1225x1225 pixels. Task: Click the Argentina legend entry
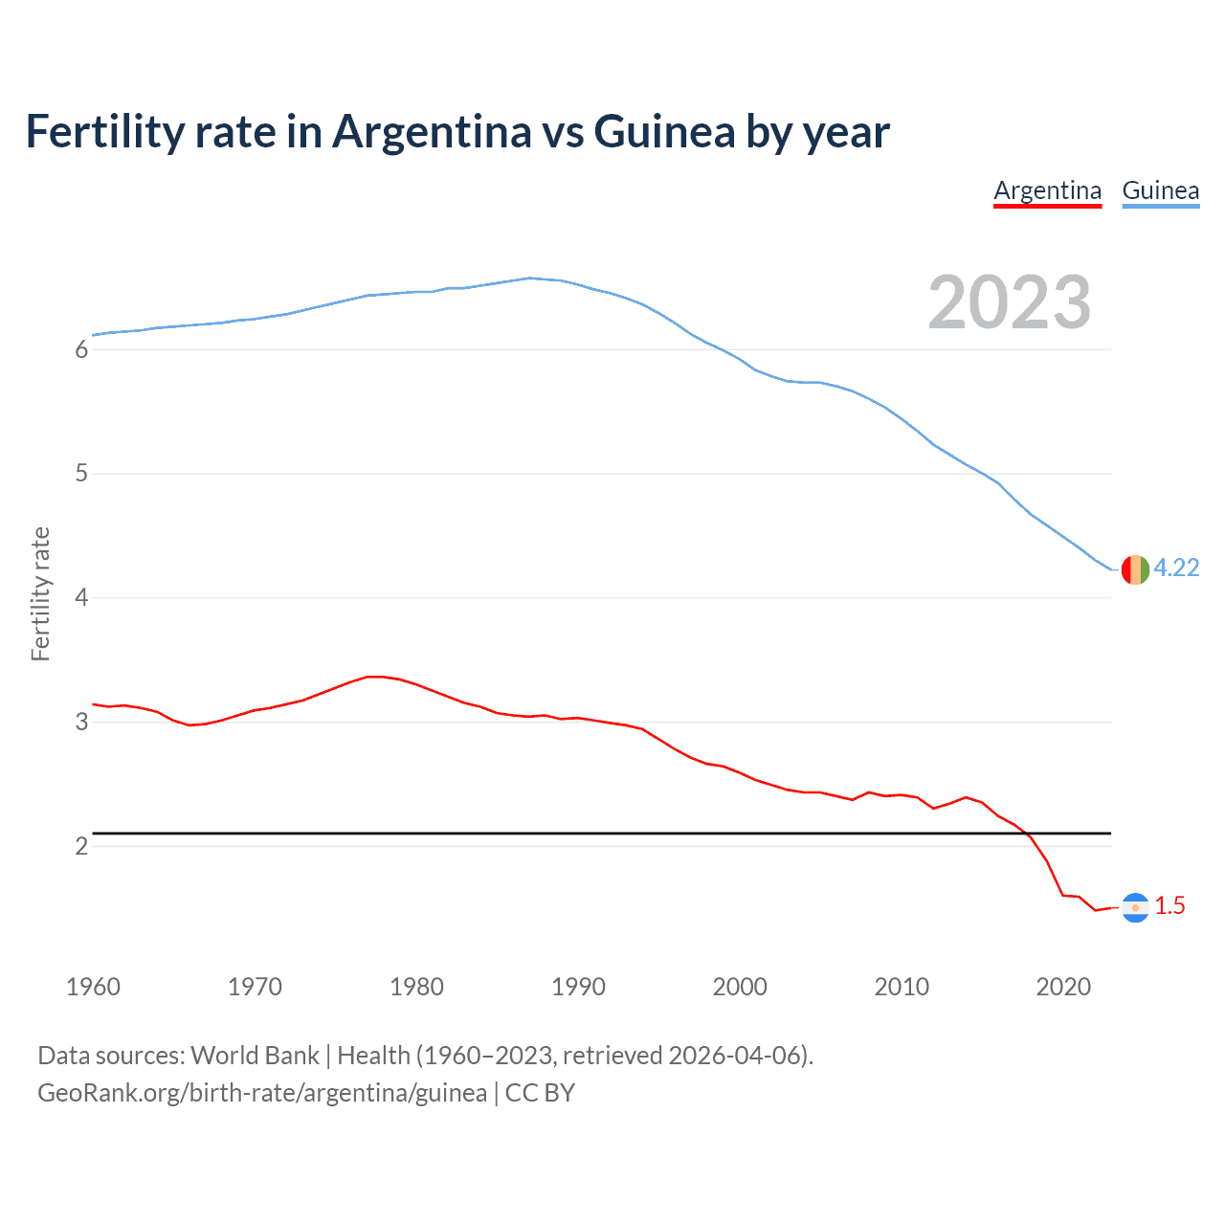(1047, 190)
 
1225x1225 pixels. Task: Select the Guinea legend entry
(1160, 190)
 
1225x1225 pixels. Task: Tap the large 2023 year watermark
(1010, 302)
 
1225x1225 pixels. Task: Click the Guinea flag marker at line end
(1135, 569)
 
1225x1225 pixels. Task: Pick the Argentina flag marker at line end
(1135, 907)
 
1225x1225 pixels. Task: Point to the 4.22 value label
(1176, 568)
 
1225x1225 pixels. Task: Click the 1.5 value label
(1169, 906)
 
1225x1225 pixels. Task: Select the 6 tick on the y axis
(81, 350)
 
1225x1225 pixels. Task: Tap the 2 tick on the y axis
(81, 846)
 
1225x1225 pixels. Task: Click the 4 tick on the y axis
(81, 598)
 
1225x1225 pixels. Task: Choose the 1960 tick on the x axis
(93, 987)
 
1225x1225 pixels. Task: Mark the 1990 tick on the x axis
(578, 987)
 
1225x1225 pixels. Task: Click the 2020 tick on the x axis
(1063, 987)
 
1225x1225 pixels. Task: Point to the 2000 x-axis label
(740, 987)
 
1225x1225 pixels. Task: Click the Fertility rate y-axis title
(40, 593)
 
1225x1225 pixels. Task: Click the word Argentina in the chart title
(432, 132)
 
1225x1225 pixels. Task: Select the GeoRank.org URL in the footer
(262, 1093)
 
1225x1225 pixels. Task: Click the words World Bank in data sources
(255, 1056)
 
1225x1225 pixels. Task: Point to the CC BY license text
(540, 1093)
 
